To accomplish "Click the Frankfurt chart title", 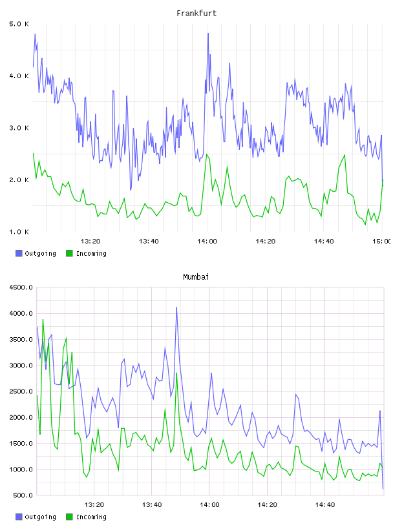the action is (197, 14).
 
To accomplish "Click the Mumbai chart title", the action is (196, 277).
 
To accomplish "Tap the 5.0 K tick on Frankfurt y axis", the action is (19, 24).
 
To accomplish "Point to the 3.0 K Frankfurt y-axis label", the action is (19, 128).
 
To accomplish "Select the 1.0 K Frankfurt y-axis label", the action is (19, 232).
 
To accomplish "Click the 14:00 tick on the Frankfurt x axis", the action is (207, 242).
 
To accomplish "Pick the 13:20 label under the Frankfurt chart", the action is (90, 242).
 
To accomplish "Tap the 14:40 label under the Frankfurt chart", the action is (324, 242).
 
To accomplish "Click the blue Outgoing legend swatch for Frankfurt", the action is (19, 253).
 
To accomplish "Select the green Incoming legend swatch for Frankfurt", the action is (69, 253).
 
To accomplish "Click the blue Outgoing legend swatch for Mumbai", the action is (19, 517).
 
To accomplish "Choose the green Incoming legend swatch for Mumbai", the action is (69, 517).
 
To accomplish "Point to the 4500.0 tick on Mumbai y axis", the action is (21, 287).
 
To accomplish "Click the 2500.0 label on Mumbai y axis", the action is (21, 391).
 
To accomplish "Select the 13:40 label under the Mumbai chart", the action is (152, 505).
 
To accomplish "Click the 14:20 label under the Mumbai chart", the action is (267, 505).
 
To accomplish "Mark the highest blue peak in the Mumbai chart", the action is (176, 307).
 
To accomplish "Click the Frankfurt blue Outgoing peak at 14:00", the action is (208, 34).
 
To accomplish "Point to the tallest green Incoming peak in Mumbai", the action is (43, 319).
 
